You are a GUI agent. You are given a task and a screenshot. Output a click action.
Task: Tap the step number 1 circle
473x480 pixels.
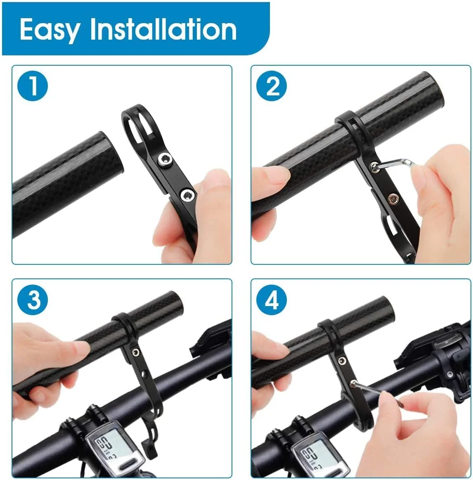coord(33,86)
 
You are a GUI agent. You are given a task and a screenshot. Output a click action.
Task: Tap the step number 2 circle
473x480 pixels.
coord(272,86)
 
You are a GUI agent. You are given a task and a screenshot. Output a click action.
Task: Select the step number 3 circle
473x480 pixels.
coord(33,299)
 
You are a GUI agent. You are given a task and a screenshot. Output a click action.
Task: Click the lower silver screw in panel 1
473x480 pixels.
coord(187,193)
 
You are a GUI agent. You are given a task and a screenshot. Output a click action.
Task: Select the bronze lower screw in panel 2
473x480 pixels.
coord(393,200)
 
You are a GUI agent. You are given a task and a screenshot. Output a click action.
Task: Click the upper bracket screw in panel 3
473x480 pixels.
coord(135,352)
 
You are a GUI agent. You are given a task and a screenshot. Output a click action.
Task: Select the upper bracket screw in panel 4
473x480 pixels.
coord(341,361)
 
